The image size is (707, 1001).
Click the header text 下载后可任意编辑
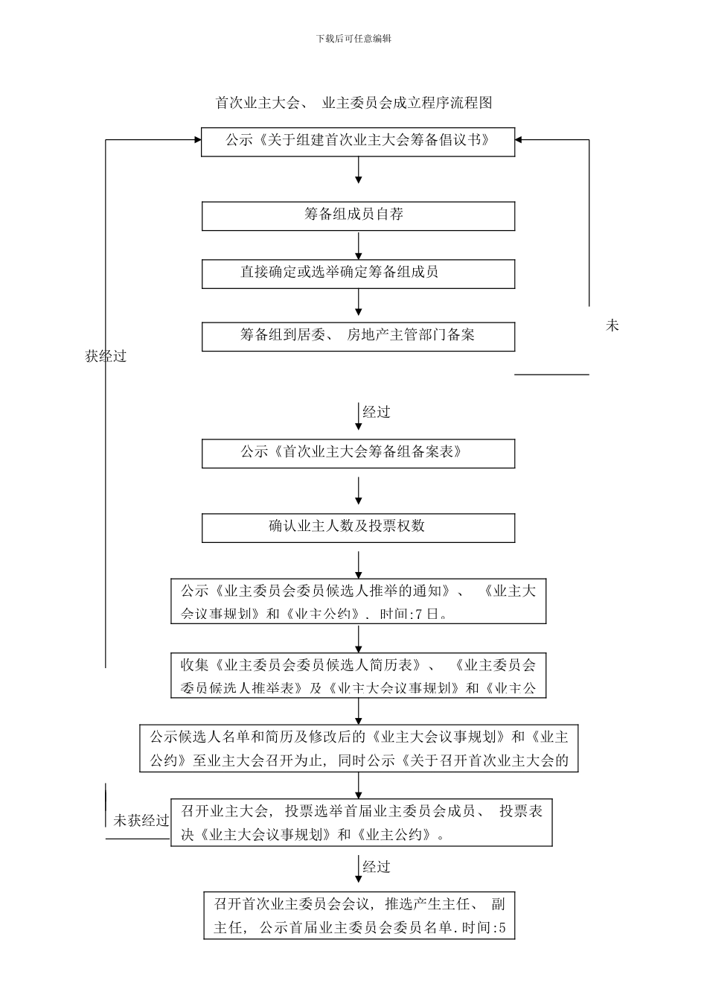pyautogui.click(x=353, y=39)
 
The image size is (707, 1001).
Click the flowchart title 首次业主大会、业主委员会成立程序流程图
pyautogui.click(x=353, y=103)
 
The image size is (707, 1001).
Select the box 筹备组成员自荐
pyautogui.click(x=358, y=215)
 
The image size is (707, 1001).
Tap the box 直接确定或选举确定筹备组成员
pyautogui.click(x=358, y=273)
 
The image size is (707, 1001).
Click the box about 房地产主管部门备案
pyautogui.click(x=358, y=336)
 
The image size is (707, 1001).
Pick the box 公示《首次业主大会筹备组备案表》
pyautogui.click(x=358, y=453)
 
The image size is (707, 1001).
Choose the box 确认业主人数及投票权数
pyautogui.click(x=358, y=527)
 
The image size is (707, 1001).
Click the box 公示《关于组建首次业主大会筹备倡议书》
pyautogui.click(x=358, y=141)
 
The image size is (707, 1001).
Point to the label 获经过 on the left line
pyautogui.click(x=106, y=357)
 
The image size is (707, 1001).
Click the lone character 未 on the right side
pyautogui.click(x=612, y=325)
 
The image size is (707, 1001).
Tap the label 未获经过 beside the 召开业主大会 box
pyautogui.click(x=141, y=821)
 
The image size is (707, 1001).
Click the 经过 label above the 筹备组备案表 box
pyautogui.click(x=376, y=413)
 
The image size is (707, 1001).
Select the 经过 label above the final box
pyautogui.click(x=376, y=867)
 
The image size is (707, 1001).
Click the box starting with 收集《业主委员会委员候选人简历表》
pyautogui.click(x=358, y=676)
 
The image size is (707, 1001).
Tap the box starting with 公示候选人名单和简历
pyautogui.click(x=358, y=749)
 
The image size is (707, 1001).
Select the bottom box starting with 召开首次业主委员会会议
pyautogui.click(x=359, y=915)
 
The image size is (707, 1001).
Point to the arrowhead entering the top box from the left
pyautogui.click(x=196, y=139)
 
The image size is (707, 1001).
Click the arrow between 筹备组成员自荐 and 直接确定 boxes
pyautogui.click(x=359, y=245)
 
